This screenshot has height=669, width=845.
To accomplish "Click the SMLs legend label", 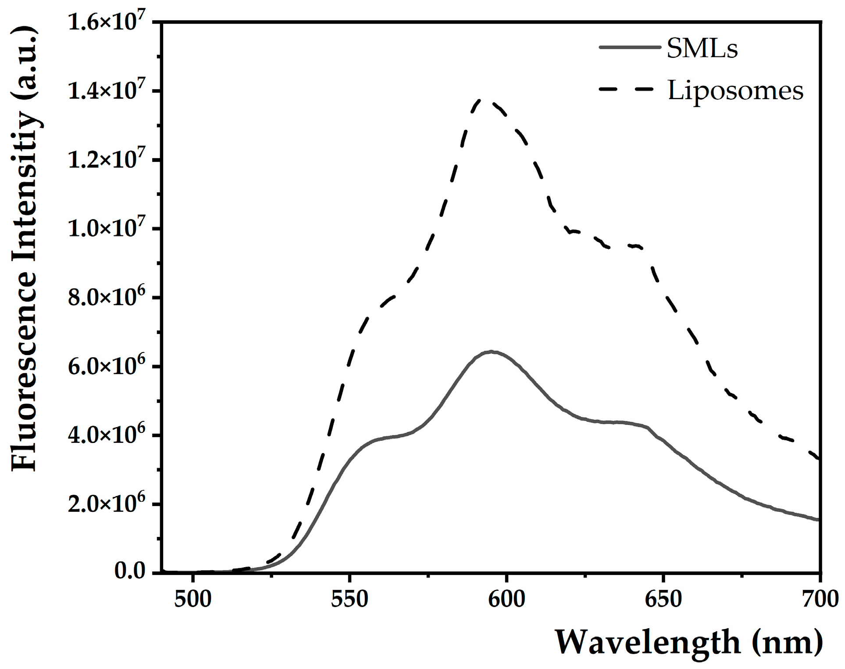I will pos(702,49).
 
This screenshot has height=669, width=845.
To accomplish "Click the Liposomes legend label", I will pos(735,91).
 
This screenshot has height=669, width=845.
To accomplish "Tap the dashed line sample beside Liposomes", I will pos(630,90).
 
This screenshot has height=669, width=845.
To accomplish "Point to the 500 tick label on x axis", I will pos(193,600).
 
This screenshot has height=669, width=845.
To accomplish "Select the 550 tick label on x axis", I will pos(349,600).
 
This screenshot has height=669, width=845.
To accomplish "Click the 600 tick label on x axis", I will pos(506,600).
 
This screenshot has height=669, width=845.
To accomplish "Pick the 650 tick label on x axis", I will pos(663,600).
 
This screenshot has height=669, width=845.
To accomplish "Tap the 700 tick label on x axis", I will pos(819,600).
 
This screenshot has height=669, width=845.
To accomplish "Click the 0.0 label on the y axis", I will pos(130,572).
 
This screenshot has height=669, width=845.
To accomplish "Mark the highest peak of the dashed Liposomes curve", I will pos(481,100).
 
